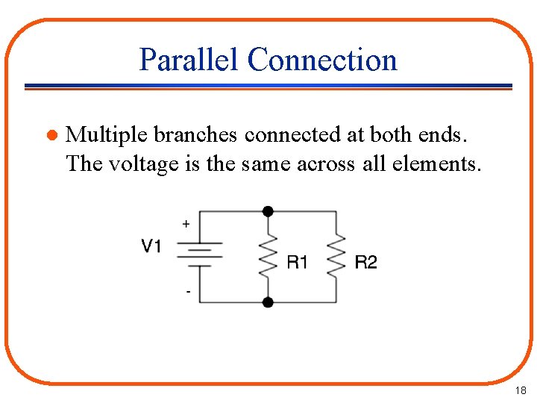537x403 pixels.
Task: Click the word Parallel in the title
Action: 189,60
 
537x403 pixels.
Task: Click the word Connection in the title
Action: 322,60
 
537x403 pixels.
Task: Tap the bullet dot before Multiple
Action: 51,136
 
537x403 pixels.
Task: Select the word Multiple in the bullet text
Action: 106,135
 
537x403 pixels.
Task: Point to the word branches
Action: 192,135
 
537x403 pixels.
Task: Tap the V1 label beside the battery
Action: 151,246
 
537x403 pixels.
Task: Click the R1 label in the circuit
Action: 297,262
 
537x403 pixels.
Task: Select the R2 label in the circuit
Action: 365,262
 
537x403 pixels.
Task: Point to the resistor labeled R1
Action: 268,256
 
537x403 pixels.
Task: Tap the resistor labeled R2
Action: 336,256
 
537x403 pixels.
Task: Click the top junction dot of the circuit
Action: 268,211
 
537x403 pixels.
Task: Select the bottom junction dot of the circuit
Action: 268,302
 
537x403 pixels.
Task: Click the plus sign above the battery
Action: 186,223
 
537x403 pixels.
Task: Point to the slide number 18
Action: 520,390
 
